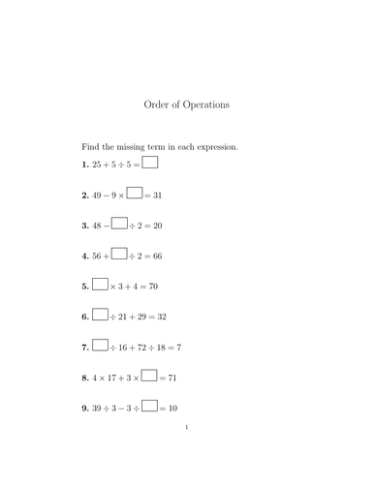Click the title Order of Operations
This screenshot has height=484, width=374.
pos(186,104)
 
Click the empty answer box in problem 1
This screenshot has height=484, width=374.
pos(150,163)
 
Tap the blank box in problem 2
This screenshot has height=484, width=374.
pos(135,194)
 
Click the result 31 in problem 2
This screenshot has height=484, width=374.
pos(158,196)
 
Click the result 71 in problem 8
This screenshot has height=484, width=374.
pos(172,377)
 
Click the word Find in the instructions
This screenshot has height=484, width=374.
pos(90,147)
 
